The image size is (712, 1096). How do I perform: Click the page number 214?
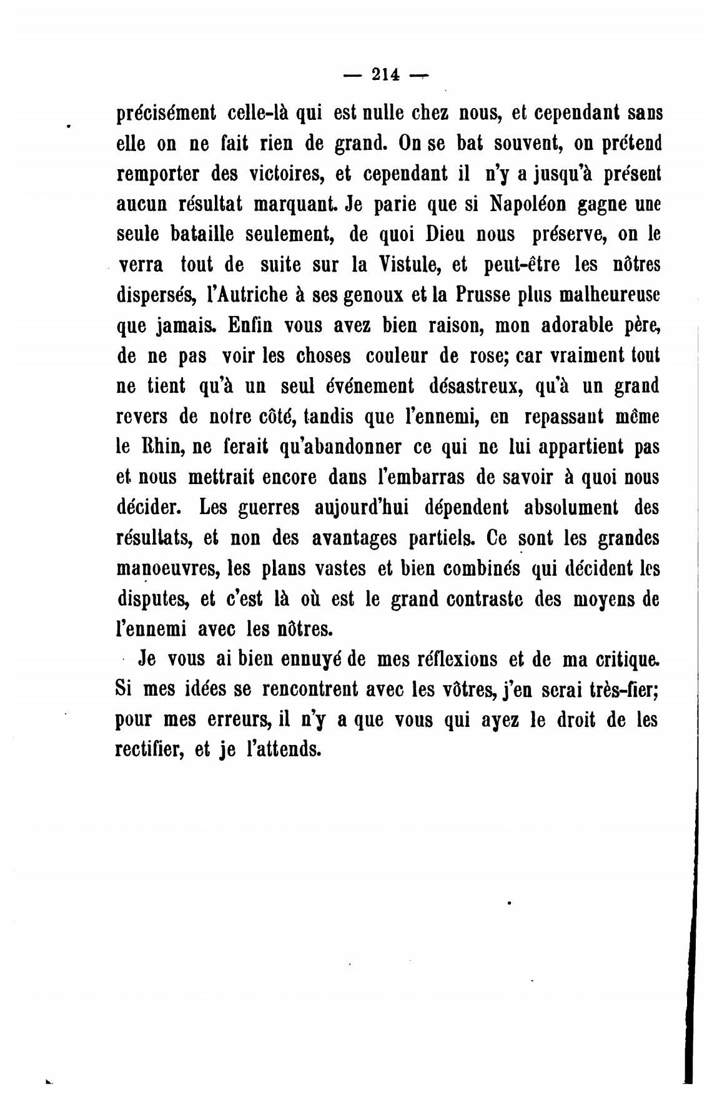pyautogui.click(x=385, y=74)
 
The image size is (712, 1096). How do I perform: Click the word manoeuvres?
pyautogui.click(x=166, y=569)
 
